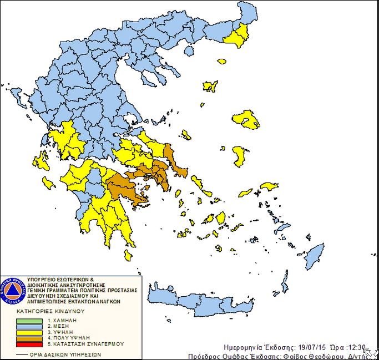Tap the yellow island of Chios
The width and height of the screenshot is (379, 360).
tap(240, 156)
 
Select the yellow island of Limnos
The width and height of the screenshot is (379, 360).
tap(210, 87)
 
